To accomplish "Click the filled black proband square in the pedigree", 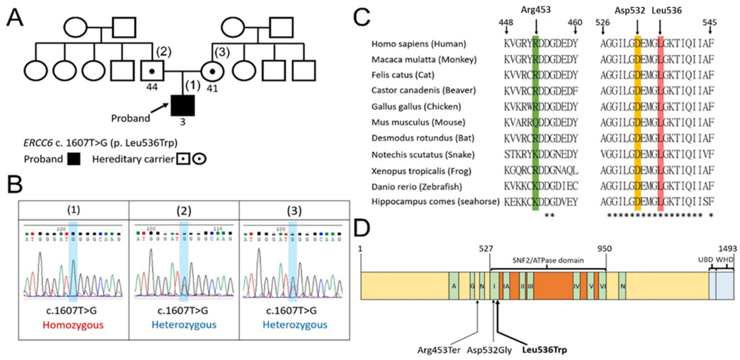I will tap(183, 105).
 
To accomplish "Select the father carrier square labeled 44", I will tap(152, 71).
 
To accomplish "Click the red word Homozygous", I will tap(73, 325).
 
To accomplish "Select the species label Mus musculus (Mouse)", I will tap(418, 122).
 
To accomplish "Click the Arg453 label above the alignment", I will tap(536, 10).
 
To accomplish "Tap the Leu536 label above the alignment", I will tap(667, 11).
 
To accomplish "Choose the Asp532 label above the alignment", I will tap(630, 11).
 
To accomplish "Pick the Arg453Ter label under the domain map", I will tap(439, 350).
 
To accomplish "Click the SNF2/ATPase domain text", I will tap(548, 260).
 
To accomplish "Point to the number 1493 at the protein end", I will tap(727, 248).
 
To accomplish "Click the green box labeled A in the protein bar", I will tap(454, 286).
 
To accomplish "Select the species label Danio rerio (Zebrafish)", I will tap(417, 187).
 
